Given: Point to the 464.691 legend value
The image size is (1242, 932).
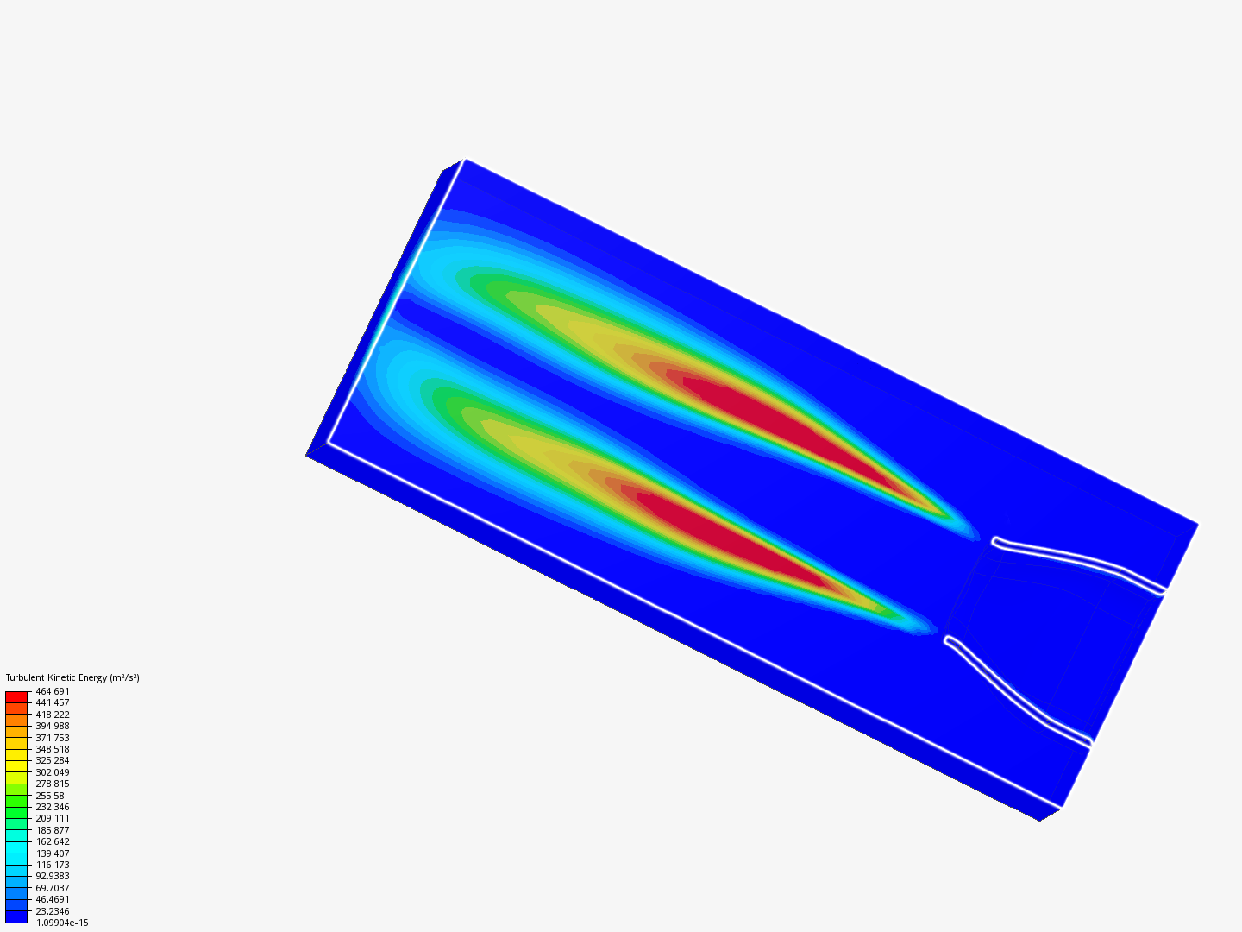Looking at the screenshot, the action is click(x=52, y=691).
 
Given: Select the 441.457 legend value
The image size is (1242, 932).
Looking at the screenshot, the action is click(x=52, y=702).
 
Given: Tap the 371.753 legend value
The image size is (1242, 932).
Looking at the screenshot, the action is click(x=52, y=738).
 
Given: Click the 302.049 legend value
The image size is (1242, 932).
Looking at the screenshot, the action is click(x=52, y=772).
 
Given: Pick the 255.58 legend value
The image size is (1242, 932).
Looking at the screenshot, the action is click(x=50, y=796).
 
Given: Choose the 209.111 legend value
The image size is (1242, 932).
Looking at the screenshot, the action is click(x=52, y=818).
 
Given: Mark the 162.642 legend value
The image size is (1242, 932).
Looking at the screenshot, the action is click(x=52, y=841).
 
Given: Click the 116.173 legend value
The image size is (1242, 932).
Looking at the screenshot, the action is click(x=52, y=865).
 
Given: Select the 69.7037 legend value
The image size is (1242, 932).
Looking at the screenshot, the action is click(x=52, y=888).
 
